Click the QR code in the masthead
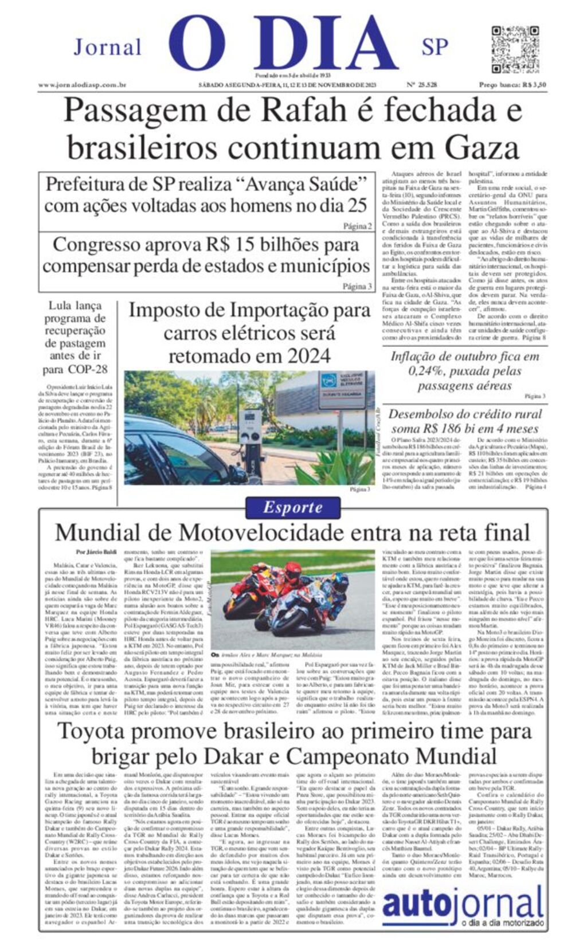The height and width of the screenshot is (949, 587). [x=515, y=49]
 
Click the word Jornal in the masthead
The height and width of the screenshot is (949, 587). [x=107, y=47]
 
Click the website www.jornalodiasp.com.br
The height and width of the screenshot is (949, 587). [x=82, y=85]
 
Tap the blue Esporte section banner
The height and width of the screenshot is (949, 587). [x=292, y=507]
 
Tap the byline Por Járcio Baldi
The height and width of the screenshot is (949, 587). [x=96, y=552]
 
